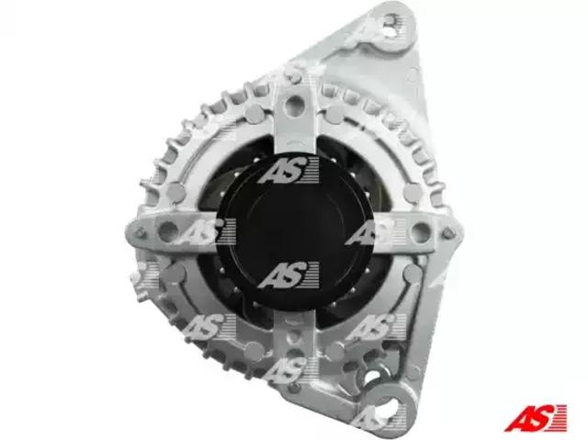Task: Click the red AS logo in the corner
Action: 535,418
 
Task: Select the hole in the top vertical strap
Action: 294,105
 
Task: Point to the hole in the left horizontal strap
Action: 167,231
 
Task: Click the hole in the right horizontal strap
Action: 420,231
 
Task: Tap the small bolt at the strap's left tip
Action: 140,232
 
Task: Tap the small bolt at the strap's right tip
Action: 447,233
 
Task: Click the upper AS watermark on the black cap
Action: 288,171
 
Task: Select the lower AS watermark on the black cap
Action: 288,275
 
